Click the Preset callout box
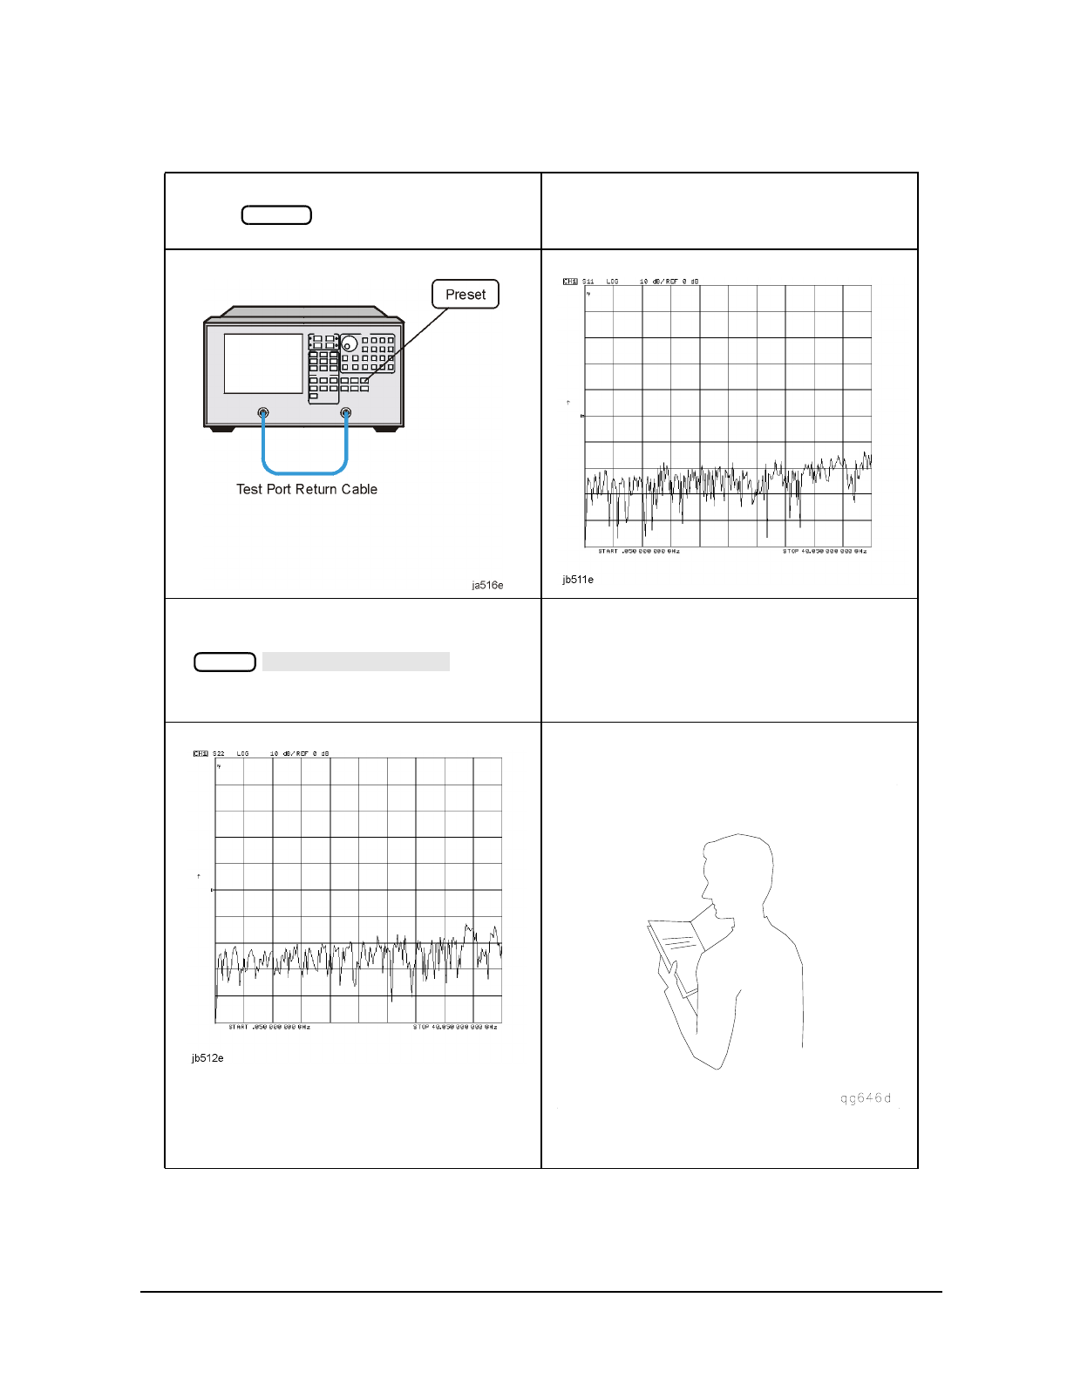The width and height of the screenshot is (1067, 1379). coord(466,295)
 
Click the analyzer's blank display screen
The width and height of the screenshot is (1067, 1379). coord(263,363)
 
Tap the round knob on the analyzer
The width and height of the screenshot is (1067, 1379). coord(350,343)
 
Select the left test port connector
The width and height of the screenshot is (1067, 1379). coord(263,413)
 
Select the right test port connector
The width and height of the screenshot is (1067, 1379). coord(346,413)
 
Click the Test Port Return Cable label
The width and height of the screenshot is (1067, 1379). coord(307,490)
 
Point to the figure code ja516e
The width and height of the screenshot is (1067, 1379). coord(487,585)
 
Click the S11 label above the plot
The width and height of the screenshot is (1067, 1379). coord(588,282)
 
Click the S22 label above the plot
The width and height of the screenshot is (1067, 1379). coord(219,753)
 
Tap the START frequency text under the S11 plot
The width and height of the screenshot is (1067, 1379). coord(639,552)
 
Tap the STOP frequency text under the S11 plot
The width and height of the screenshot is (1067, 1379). coord(825,552)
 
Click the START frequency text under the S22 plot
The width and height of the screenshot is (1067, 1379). coord(269,1028)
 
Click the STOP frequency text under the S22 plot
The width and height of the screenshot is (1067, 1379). coord(455,1028)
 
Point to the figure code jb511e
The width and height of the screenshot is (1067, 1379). coord(578,580)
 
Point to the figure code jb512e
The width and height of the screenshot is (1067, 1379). coord(207,1058)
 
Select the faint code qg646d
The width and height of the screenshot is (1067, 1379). coord(866,1098)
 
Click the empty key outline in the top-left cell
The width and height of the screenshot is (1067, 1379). coord(276,215)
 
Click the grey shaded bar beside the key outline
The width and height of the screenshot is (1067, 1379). coord(356,662)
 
